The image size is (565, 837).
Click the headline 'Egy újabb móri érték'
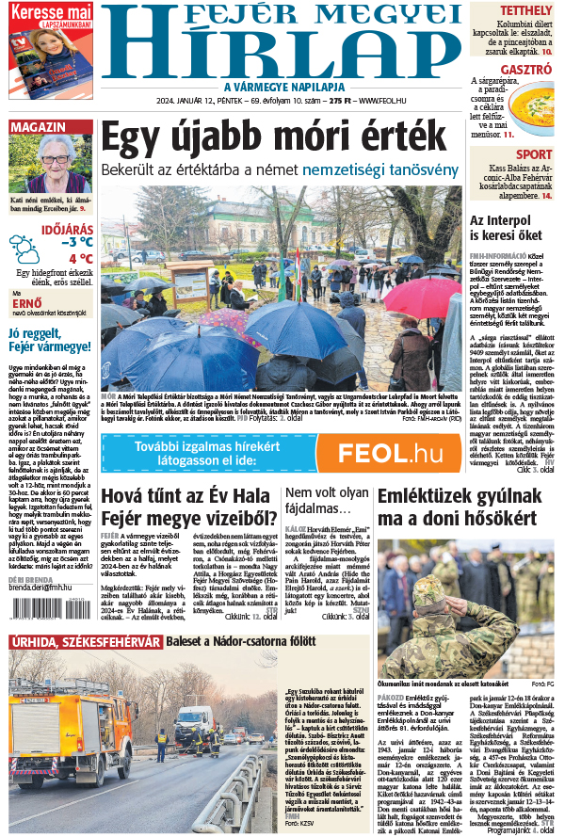pos(272,138)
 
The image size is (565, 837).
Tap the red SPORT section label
pos(534,154)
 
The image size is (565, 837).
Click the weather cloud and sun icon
pos(25,249)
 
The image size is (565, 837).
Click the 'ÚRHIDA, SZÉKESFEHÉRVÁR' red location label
pos(85,642)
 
